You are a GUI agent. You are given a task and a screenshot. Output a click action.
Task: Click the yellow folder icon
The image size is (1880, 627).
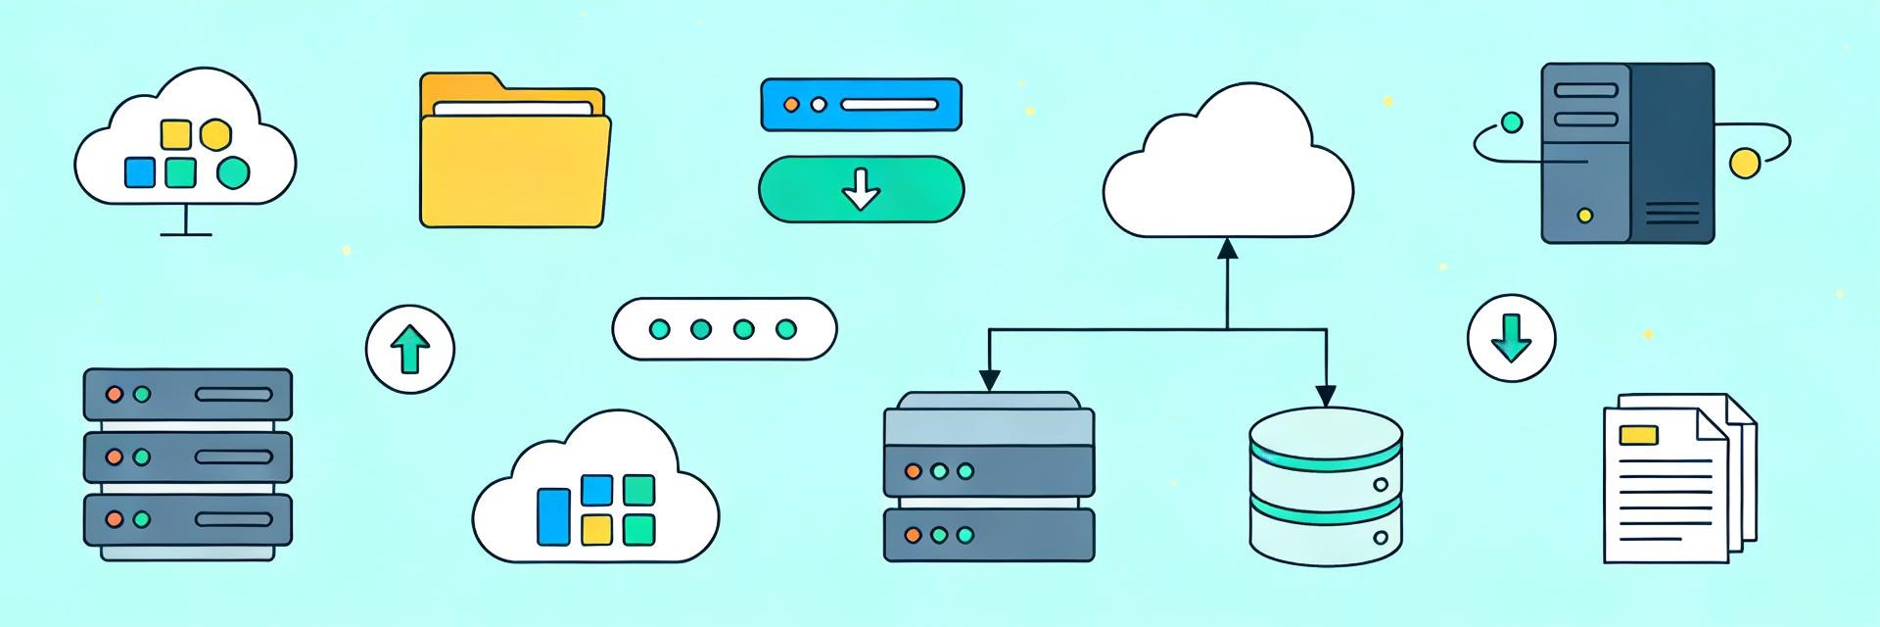point(514,157)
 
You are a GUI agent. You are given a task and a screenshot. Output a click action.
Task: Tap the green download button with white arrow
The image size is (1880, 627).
point(861,189)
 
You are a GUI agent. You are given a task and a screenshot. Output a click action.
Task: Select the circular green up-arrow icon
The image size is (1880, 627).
point(410,348)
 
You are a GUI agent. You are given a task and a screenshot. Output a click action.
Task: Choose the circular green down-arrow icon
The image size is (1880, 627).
point(1511,338)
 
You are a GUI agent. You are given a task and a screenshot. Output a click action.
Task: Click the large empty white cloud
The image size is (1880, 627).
point(1228,171)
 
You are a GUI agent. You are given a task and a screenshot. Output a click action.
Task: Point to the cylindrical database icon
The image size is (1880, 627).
point(1326,487)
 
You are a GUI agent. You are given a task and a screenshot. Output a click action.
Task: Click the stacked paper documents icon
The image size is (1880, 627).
point(1676,480)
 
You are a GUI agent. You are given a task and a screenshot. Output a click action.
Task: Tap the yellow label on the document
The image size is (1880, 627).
point(1638,434)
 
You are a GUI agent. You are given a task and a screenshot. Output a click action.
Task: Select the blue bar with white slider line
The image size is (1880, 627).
point(861,105)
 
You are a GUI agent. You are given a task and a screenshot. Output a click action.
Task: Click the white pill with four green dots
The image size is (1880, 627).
point(724,329)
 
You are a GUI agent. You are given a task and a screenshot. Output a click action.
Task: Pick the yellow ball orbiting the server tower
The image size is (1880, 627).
point(1744,163)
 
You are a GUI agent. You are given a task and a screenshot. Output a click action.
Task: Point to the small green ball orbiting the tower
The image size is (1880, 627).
point(1512,122)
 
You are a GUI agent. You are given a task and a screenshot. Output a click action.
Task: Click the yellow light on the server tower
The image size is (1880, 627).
point(1584,216)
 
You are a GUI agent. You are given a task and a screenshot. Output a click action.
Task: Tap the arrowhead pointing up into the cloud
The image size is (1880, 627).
point(1227,249)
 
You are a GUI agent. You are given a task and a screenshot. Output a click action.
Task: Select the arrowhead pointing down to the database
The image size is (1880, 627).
point(1325,395)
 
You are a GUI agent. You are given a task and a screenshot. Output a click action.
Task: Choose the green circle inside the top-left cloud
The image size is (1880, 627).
point(232,173)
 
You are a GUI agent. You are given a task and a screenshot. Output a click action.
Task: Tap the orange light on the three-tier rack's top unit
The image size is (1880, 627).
point(115,394)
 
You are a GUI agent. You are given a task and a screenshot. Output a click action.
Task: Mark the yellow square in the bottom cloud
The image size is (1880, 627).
point(596,530)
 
